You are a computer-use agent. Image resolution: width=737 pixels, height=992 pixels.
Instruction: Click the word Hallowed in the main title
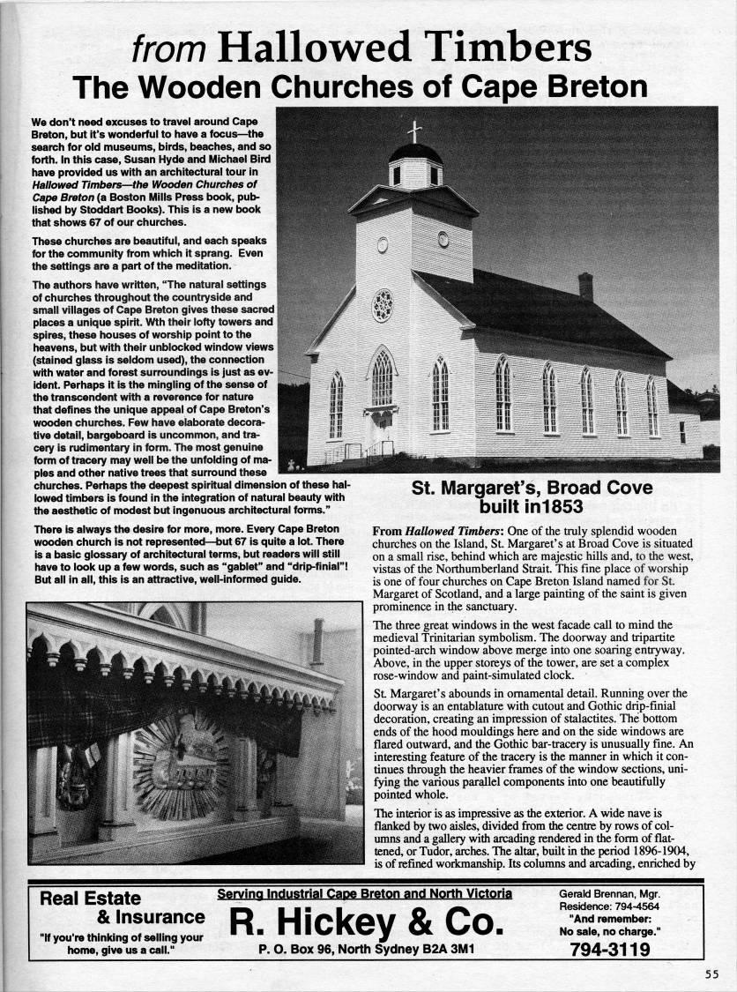pos(308,46)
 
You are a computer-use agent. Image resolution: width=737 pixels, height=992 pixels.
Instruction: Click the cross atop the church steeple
pos(414,131)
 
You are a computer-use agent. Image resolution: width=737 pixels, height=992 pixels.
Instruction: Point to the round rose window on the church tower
pos(383,305)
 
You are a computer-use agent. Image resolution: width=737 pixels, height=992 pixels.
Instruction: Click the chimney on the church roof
pos(585,287)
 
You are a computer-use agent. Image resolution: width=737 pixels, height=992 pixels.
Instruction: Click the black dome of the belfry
pos(415,153)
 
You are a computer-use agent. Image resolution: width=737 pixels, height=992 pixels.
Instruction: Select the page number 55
pos(712,973)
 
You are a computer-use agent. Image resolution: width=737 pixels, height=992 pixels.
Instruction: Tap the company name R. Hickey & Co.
pos(366,922)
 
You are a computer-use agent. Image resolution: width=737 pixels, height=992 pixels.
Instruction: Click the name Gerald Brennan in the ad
pos(592,893)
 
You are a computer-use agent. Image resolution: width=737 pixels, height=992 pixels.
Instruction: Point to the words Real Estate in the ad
pos(91,899)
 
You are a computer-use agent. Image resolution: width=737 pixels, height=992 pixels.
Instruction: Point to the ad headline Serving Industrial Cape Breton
pos(365,894)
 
